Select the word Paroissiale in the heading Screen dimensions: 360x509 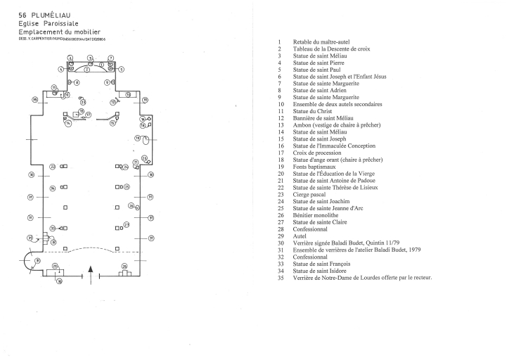tap(67, 23)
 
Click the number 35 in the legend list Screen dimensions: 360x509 tap(279, 276)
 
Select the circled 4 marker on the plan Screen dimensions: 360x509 tap(61, 69)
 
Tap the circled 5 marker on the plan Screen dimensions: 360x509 tap(121, 69)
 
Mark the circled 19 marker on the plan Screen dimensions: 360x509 tap(138, 139)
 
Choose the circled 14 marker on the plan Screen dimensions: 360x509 tap(68, 124)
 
